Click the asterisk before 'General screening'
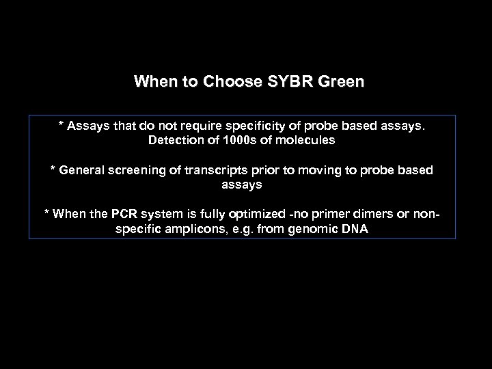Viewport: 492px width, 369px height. click(53, 168)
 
